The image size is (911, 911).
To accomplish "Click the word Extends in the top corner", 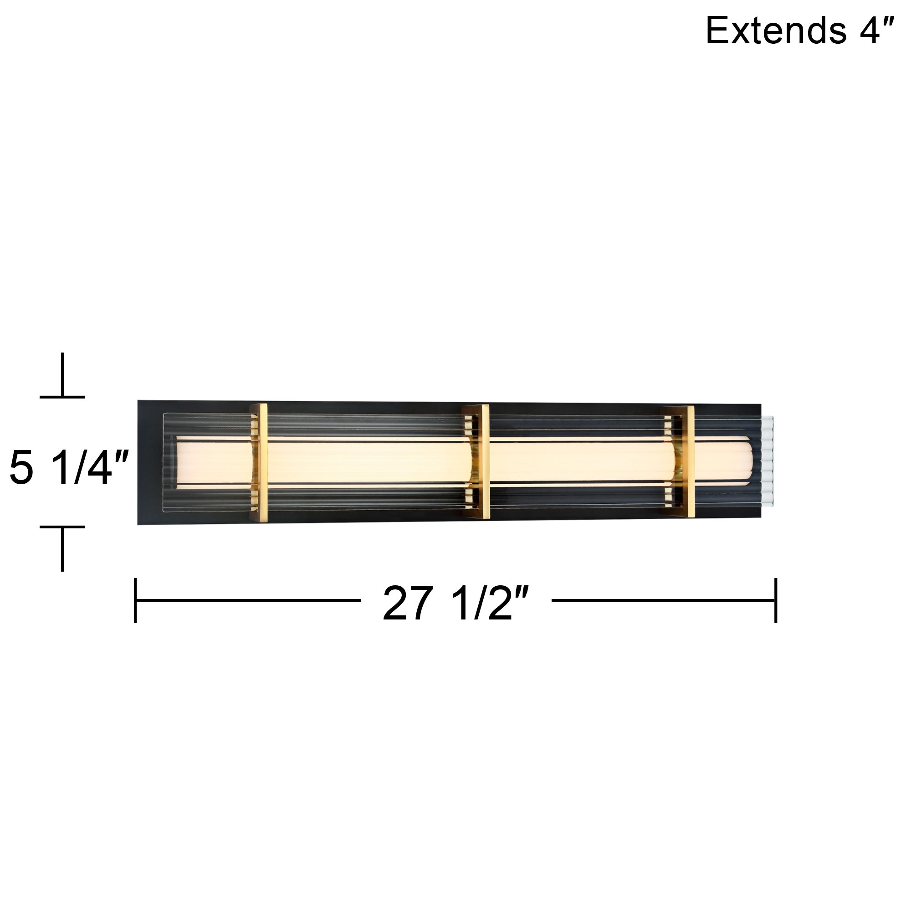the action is click(776, 31).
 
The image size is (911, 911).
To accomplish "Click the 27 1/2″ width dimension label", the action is click(456, 604).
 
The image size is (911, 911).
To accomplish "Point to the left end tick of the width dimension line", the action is click(135, 600).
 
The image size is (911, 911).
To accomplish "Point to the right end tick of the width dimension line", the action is click(776, 600).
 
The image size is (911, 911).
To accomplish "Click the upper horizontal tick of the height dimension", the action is click(62, 397).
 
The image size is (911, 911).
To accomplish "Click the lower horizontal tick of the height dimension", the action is click(62, 527).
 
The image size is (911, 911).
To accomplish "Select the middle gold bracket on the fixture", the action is click(477, 461).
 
